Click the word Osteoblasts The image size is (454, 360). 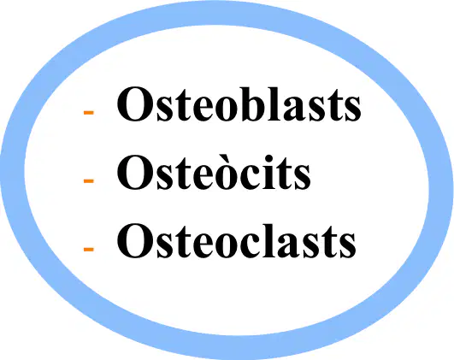239,104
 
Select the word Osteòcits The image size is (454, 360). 214,172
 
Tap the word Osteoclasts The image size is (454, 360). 236,240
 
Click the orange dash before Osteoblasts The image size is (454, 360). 89,112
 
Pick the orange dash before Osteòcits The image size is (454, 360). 89,181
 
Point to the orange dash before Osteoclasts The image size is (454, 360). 89,249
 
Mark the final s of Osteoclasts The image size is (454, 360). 347,246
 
